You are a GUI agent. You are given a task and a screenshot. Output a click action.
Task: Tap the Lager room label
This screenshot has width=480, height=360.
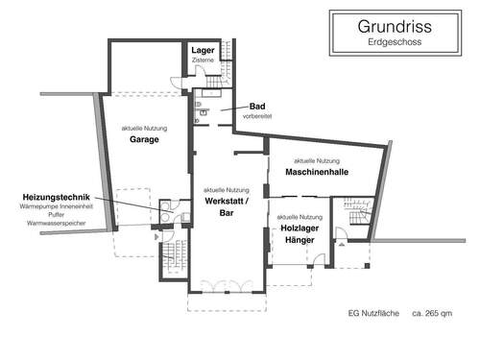tap(203, 50)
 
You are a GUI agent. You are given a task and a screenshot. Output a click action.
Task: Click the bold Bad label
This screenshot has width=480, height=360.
tap(257, 106)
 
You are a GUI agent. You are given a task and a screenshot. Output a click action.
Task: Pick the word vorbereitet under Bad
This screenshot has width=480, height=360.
tap(257, 116)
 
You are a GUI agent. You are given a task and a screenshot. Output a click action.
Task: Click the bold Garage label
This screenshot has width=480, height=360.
tap(144, 139)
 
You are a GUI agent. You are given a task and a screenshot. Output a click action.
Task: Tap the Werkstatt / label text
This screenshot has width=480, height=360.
tap(227, 202)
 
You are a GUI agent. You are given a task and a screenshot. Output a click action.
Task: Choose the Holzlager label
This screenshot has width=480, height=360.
tap(301, 228)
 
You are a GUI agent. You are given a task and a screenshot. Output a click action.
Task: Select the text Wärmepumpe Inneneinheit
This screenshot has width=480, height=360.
tap(48, 207)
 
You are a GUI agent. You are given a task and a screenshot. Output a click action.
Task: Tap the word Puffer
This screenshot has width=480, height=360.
tap(48, 215)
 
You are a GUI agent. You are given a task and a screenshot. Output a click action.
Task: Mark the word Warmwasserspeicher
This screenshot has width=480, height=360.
tap(48, 223)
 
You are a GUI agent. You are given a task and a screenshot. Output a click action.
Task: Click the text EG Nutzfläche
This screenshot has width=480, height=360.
tap(373, 312)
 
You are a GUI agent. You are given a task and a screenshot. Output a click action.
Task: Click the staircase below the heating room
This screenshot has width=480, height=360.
tap(172, 254)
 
